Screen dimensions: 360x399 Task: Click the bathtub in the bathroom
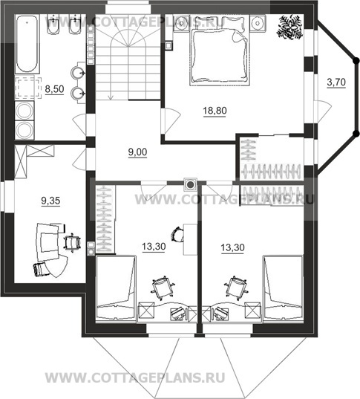click(x=27, y=43)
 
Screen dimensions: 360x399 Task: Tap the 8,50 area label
click(x=54, y=89)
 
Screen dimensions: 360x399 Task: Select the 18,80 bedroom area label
click(x=215, y=111)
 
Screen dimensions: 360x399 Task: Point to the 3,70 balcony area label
click(x=336, y=82)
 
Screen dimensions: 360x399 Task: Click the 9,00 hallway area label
click(x=137, y=152)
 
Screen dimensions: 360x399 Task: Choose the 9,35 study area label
click(x=51, y=201)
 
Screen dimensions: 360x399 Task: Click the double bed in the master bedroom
click(x=220, y=50)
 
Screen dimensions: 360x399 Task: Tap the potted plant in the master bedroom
click(x=289, y=27)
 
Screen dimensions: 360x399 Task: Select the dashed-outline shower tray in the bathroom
click(x=28, y=87)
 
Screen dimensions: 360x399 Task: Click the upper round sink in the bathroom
click(x=76, y=73)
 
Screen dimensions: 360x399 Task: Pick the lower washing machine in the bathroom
click(x=24, y=130)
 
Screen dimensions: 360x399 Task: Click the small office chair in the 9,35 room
click(x=72, y=242)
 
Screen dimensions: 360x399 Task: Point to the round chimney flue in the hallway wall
click(x=190, y=184)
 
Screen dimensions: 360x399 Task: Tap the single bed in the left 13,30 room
click(x=116, y=288)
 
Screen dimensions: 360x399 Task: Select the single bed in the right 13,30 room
click(x=284, y=288)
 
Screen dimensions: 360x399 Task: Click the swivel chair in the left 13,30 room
click(x=163, y=287)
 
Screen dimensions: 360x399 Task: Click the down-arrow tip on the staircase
click(x=111, y=100)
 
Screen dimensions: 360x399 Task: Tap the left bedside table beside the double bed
click(x=181, y=24)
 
